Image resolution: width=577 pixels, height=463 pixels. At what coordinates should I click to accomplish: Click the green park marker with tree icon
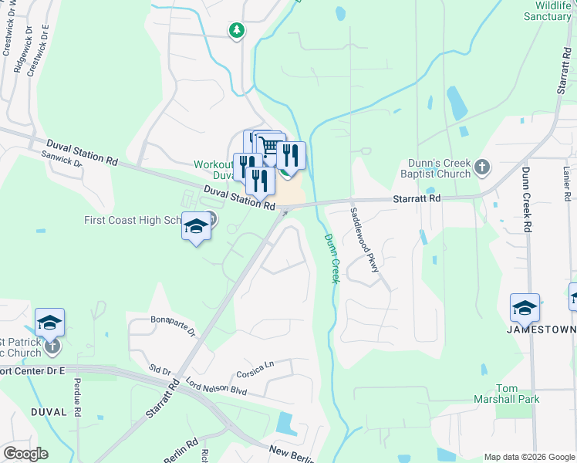(237, 31)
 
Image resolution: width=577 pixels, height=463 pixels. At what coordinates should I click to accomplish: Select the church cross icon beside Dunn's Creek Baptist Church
(482, 166)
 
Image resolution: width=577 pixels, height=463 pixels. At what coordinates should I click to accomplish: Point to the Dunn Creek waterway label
(332, 258)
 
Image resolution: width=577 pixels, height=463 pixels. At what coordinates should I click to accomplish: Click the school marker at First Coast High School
(196, 227)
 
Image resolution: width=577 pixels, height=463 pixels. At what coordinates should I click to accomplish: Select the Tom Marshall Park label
(507, 393)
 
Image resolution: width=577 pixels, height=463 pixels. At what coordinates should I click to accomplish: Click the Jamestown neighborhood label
(541, 330)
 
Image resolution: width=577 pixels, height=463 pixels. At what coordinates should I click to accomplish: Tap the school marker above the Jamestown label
(525, 308)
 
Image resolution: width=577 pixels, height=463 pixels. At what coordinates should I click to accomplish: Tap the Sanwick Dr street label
(62, 159)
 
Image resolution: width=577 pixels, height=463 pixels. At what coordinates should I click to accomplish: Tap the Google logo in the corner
(25, 454)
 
